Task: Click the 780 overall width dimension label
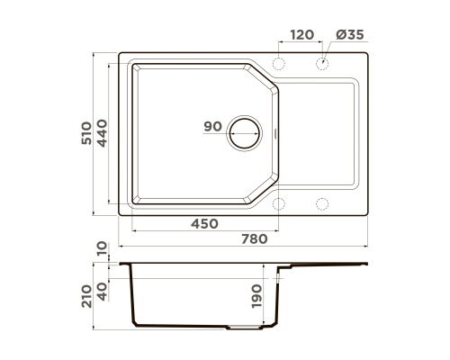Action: [x=255, y=239]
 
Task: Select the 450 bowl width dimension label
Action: [x=205, y=224]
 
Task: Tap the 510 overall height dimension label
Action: [x=86, y=133]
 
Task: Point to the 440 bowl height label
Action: [x=102, y=133]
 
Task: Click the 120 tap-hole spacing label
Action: [x=302, y=35]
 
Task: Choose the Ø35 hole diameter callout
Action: [x=350, y=35]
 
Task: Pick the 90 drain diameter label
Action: [x=212, y=126]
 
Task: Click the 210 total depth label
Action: [x=86, y=296]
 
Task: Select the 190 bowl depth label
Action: [x=256, y=296]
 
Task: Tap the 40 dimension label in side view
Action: [x=102, y=292]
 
